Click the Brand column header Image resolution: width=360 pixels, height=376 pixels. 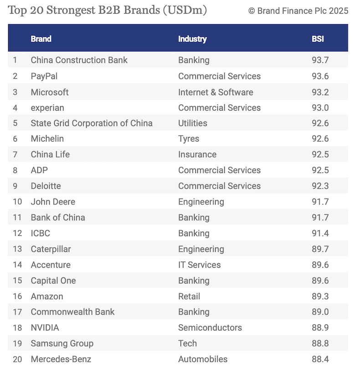tap(41, 39)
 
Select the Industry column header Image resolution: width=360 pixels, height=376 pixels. tap(192, 39)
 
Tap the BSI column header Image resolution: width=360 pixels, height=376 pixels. tap(318, 39)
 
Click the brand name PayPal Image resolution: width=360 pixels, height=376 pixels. tap(44, 76)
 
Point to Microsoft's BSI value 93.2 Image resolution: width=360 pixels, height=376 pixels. tap(320, 92)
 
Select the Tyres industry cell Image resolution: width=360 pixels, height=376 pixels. tap(189, 139)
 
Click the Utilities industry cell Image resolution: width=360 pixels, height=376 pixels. tap(192, 123)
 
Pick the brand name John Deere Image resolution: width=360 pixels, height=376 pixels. tap(53, 202)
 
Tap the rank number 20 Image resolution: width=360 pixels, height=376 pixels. tap(17, 359)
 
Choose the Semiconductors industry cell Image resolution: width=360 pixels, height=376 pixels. tap(210, 328)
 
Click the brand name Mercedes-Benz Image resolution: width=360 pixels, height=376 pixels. tap(61, 359)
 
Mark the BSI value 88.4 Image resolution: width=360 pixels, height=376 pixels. tap(320, 359)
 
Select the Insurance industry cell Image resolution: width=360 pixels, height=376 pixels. tap(197, 154)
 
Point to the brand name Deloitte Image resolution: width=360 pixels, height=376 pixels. tap(46, 186)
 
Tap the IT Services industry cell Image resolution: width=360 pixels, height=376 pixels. tap(199, 265)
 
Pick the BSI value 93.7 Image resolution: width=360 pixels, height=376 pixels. tap(320, 60)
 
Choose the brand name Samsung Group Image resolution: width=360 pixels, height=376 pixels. tap(62, 343)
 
